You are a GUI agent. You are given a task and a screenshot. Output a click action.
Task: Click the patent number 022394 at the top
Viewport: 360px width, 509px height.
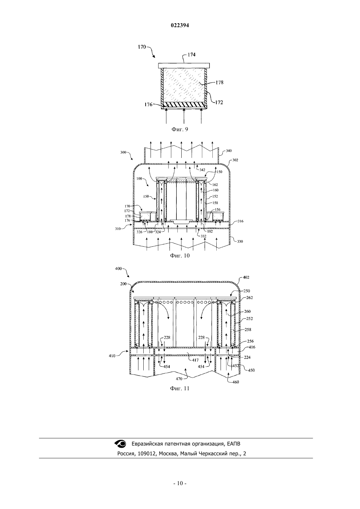(180, 26)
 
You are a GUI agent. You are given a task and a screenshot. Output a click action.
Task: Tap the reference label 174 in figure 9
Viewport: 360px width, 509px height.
(191, 55)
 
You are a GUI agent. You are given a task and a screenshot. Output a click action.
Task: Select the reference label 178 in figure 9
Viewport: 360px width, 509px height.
(220, 82)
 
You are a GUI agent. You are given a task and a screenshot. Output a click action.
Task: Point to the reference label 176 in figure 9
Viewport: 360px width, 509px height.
(148, 105)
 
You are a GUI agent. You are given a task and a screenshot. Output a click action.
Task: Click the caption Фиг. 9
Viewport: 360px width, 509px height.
(180, 129)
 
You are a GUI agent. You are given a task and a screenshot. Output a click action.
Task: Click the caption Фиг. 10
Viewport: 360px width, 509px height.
(180, 255)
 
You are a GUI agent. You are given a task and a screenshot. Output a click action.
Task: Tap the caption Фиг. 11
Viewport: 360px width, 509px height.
(180, 388)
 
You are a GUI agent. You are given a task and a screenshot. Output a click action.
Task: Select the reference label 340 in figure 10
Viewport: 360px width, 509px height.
(229, 151)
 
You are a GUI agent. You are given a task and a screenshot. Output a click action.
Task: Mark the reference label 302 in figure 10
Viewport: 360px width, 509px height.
(235, 160)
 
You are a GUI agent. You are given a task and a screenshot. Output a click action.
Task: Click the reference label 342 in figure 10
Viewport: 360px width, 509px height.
(202, 170)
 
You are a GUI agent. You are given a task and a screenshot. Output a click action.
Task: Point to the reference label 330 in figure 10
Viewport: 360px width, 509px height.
(240, 241)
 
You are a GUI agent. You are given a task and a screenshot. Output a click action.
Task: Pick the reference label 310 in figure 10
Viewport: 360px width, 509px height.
(118, 229)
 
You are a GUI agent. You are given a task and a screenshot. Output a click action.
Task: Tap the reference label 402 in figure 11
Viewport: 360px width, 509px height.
(246, 277)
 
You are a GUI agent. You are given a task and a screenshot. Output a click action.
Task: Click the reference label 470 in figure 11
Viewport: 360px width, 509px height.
(179, 379)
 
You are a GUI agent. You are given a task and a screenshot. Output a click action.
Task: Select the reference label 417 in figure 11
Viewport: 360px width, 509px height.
(195, 360)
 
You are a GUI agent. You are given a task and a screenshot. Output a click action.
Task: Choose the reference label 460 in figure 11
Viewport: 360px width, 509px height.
(236, 382)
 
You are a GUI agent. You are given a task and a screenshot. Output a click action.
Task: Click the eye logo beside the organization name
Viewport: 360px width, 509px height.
(120, 443)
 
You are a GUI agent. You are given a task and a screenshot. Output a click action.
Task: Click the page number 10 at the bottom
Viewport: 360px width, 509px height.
(180, 483)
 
